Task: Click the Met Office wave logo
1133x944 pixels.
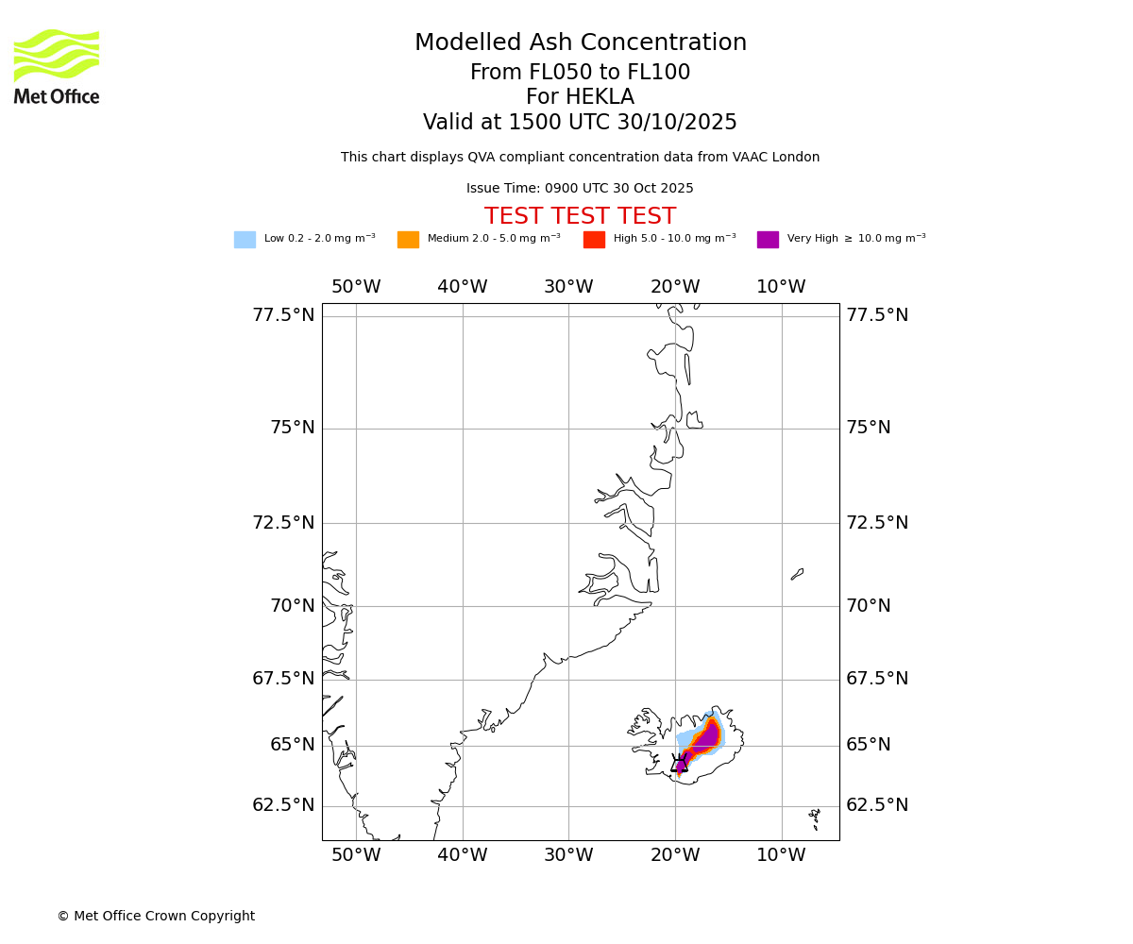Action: pos(56,56)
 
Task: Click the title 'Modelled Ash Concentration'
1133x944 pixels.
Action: pos(580,43)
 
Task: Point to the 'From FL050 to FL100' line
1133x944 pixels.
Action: pos(580,73)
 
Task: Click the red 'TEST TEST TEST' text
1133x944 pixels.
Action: pos(580,217)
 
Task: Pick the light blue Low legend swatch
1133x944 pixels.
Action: pos(245,240)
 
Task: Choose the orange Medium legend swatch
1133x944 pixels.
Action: pos(408,240)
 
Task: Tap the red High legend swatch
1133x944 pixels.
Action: pos(594,240)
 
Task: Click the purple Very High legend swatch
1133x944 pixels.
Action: pos(768,240)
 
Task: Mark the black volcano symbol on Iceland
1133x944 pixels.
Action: pos(679,764)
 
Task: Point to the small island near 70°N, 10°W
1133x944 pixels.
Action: pos(797,574)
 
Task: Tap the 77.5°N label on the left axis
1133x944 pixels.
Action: pos(283,315)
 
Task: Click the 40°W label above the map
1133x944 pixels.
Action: pos(462,287)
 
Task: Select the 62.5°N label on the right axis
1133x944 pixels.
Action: pos(877,805)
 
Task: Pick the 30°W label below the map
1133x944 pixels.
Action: pos(568,855)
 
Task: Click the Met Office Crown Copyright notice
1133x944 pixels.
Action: pos(156,917)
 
